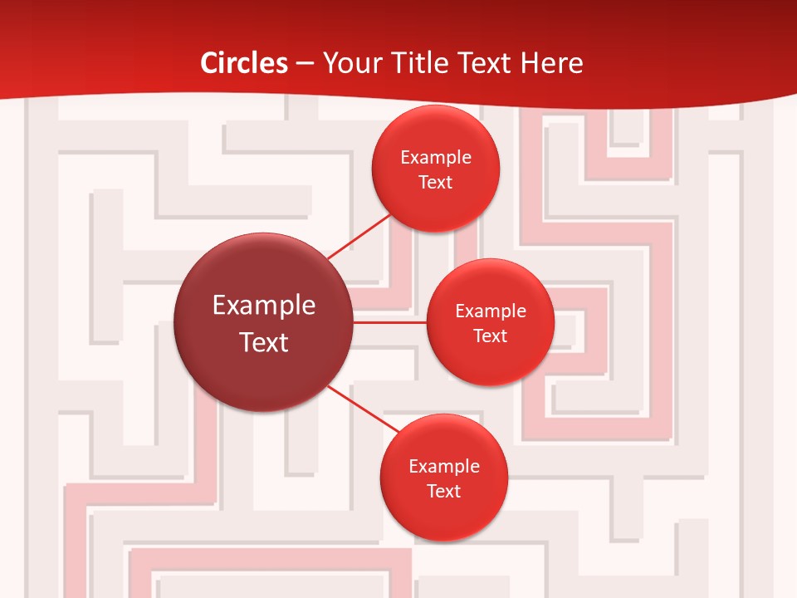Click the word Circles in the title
click(244, 63)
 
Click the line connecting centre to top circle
click(360, 237)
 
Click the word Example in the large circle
click(264, 306)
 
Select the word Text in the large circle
click(264, 342)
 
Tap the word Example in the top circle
click(436, 158)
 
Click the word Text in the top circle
click(436, 183)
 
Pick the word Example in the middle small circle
click(491, 311)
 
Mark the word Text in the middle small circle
click(491, 336)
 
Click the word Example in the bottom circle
click(444, 467)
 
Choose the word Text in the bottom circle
click(444, 492)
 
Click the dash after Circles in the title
click(305, 64)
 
